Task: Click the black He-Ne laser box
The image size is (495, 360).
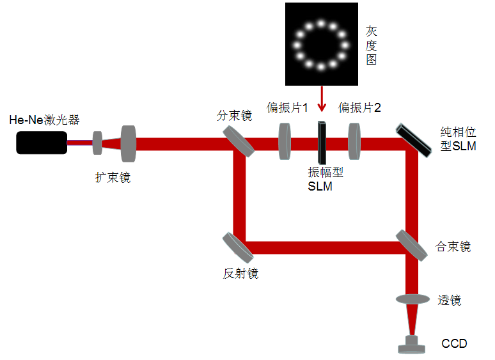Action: pos(42,142)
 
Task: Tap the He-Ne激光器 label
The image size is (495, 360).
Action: pos(44,120)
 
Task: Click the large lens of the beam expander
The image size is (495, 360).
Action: pos(129,143)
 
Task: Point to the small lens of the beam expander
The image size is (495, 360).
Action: pos(98,143)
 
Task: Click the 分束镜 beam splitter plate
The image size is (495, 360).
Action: pos(239,140)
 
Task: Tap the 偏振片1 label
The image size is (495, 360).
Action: pos(288,107)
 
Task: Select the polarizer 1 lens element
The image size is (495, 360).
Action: pos(285,141)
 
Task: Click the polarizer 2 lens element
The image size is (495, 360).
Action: pos(355,141)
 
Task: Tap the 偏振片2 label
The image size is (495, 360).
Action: pos(360,107)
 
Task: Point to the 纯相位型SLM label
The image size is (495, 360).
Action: pos(458,139)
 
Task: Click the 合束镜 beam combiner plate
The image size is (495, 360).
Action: pos(411,245)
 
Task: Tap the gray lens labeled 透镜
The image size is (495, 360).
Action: pos(412,299)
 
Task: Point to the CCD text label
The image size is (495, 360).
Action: pos(454,344)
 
